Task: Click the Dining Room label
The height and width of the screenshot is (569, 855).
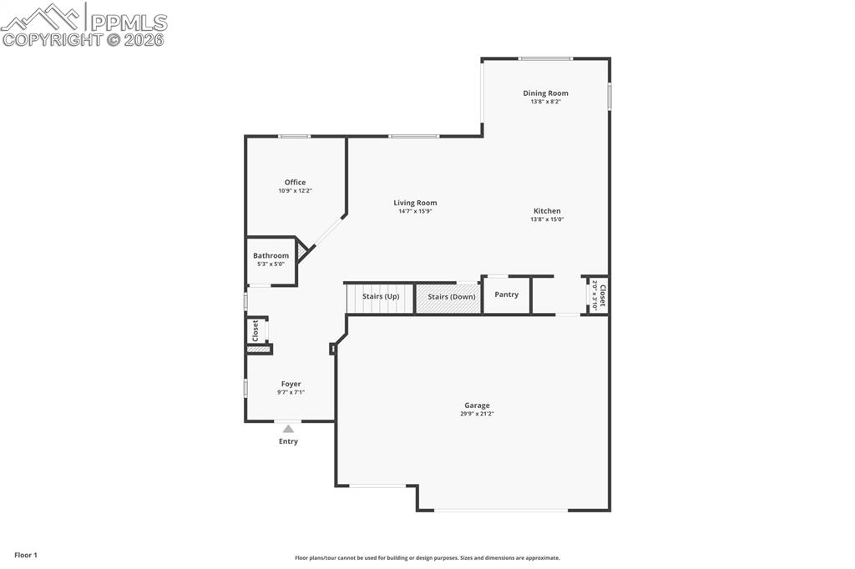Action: [x=545, y=93]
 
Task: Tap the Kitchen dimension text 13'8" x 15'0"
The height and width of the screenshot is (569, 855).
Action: [x=547, y=219]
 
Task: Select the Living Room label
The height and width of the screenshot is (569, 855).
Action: [x=415, y=203]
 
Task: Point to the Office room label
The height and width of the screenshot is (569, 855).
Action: [x=295, y=182]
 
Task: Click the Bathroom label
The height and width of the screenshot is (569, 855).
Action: [x=271, y=255]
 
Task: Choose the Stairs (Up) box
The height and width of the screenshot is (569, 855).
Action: [x=381, y=297]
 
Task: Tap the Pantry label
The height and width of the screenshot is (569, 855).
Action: [x=506, y=295]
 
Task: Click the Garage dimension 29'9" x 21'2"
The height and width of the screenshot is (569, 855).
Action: [x=477, y=414]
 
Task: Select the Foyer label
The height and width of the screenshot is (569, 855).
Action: [x=291, y=384]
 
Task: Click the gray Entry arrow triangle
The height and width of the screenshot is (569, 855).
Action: [x=288, y=429]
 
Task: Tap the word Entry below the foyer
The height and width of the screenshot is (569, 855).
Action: [x=288, y=441]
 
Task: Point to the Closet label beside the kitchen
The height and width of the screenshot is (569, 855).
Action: [x=602, y=295]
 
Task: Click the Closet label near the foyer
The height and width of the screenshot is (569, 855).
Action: [x=255, y=331]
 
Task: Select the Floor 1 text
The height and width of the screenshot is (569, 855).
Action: [x=25, y=555]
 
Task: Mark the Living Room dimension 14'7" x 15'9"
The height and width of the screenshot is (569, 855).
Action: [x=415, y=211]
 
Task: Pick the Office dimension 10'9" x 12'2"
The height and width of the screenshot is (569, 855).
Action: [x=295, y=190]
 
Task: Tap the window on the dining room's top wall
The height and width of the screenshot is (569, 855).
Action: [x=545, y=58]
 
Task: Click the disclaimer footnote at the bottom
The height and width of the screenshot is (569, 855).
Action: [x=427, y=558]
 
